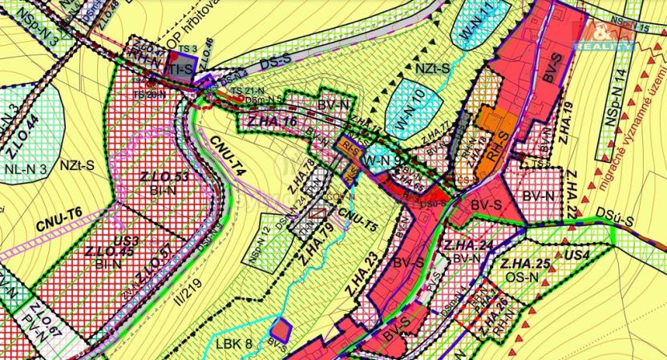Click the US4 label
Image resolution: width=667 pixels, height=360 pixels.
coord(576,256)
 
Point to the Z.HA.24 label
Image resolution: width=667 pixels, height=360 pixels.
coord(467,245)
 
